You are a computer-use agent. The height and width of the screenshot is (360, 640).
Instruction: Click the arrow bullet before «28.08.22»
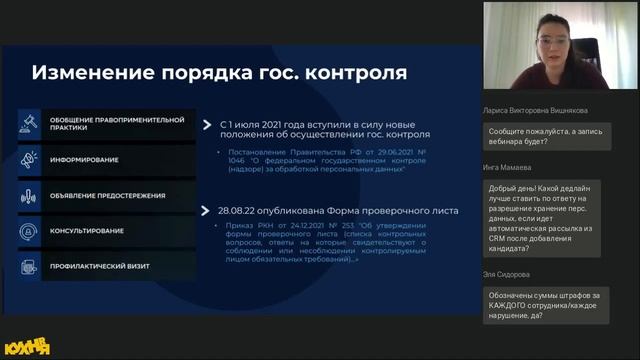point(208,211)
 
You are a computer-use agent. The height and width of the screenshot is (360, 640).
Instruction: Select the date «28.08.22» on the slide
point(243,211)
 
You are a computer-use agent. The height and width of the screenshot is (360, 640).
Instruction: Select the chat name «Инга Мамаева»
point(509,167)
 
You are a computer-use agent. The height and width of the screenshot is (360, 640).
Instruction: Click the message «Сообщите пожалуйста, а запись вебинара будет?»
point(545,136)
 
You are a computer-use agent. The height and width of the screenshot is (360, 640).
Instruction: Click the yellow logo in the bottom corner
point(27,347)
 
